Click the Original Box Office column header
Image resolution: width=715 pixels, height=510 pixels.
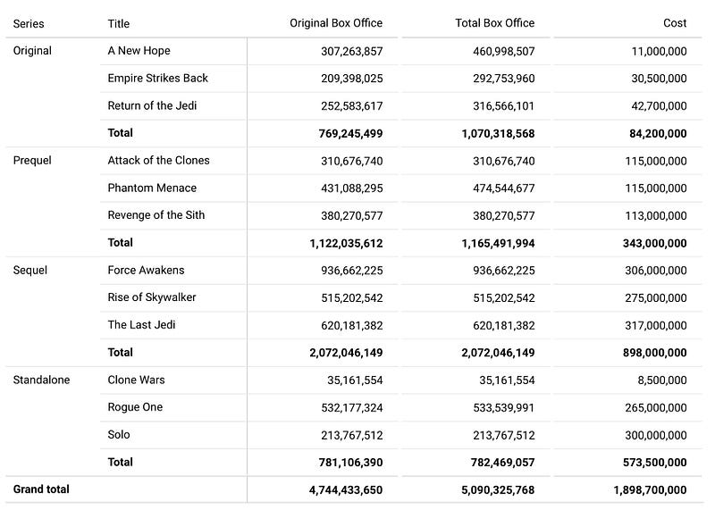tap(336, 23)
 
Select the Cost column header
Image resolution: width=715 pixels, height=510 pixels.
tap(675, 23)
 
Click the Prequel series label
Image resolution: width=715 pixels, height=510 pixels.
tap(32, 161)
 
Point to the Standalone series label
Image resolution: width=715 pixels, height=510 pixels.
tap(41, 380)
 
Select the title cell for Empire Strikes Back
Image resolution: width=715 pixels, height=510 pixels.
tap(157, 79)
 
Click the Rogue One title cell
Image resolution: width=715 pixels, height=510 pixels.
tap(135, 407)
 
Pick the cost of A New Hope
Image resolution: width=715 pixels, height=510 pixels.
tap(659, 52)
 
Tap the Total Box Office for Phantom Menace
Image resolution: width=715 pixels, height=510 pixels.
tap(503, 188)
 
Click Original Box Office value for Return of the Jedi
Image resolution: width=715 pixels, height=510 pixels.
tap(351, 106)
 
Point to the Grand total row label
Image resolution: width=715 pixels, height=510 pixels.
tap(41, 489)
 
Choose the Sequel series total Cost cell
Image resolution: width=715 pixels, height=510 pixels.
tap(656, 353)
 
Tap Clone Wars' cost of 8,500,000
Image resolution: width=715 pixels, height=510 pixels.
tap(662, 380)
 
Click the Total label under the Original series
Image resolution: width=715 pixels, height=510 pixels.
tap(120, 133)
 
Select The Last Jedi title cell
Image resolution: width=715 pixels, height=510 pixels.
tap(141, 325)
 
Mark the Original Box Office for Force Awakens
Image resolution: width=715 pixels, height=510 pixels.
tap(351, 271)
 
